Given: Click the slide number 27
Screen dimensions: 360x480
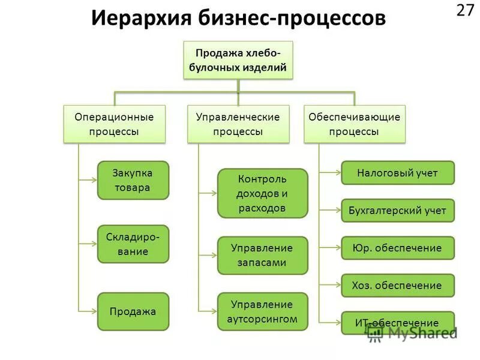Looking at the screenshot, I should (465, 11).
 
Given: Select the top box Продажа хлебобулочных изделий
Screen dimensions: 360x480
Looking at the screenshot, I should (238, 61).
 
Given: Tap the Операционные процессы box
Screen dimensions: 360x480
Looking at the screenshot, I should (114, 124).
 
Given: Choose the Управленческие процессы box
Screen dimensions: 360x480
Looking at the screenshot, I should (238, 124).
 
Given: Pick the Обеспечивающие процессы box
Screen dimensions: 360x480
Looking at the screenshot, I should (354, 124).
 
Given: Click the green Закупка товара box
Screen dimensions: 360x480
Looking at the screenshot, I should (133, 180).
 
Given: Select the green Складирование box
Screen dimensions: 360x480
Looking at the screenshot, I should (133, 244).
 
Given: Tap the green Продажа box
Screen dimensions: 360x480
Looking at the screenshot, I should (133, 311).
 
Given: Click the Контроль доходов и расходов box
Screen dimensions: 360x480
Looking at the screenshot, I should (262, 193).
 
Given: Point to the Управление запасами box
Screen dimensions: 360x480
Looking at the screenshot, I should (262, 255).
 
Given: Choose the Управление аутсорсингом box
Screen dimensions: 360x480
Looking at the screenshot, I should (262, 311).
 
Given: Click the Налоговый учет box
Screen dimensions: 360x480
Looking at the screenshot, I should (397, 173).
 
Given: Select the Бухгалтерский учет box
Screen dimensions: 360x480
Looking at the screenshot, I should (397, 211).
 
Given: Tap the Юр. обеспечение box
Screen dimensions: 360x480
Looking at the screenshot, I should (397, 248).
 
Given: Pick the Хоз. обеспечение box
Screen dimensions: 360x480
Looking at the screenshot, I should (397, 286).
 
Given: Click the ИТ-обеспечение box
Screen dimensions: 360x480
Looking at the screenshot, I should (397, 323).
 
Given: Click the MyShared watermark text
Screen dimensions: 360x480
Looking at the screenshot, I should (420, 334).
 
